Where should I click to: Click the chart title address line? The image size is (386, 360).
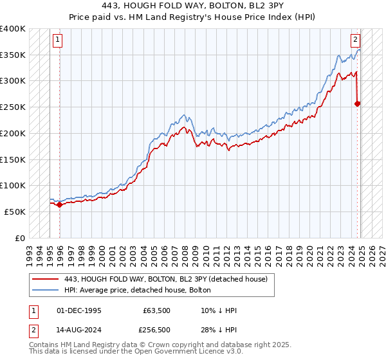[193, 6]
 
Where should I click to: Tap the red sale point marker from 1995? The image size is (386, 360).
[59, 204]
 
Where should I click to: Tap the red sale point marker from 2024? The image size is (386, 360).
[358, 104]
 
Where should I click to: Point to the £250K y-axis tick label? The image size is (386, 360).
[13, 107]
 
